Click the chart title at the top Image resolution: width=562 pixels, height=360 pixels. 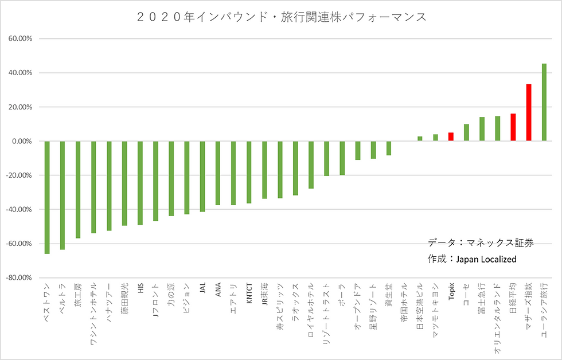(282, 17)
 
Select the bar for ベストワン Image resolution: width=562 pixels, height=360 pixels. (47, 197)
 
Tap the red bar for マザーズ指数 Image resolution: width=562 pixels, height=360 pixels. (529, 112)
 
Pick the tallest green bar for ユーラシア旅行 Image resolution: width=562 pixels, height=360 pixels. (544, 103)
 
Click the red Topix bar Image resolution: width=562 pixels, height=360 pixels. (451, 137)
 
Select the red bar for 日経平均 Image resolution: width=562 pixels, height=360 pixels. (513, 127)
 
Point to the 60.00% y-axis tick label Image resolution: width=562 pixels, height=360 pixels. (21, 38)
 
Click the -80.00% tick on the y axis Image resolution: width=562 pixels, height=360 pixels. (19, 277)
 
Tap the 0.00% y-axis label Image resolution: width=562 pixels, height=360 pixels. (22, 141)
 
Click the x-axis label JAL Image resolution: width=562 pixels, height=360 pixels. (202, 288)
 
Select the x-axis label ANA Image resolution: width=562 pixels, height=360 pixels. (218, 289)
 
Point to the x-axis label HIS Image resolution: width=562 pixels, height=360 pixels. (140, 288)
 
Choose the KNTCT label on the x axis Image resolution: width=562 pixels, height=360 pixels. (249, 293)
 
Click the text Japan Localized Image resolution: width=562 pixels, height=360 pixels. (486, 259)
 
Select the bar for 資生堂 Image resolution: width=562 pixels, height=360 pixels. (389, 148)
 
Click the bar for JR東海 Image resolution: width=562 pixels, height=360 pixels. (264, 170)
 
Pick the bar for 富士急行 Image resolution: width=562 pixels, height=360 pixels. (482, 129)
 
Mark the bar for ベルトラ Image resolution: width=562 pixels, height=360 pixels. (63, 195)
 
